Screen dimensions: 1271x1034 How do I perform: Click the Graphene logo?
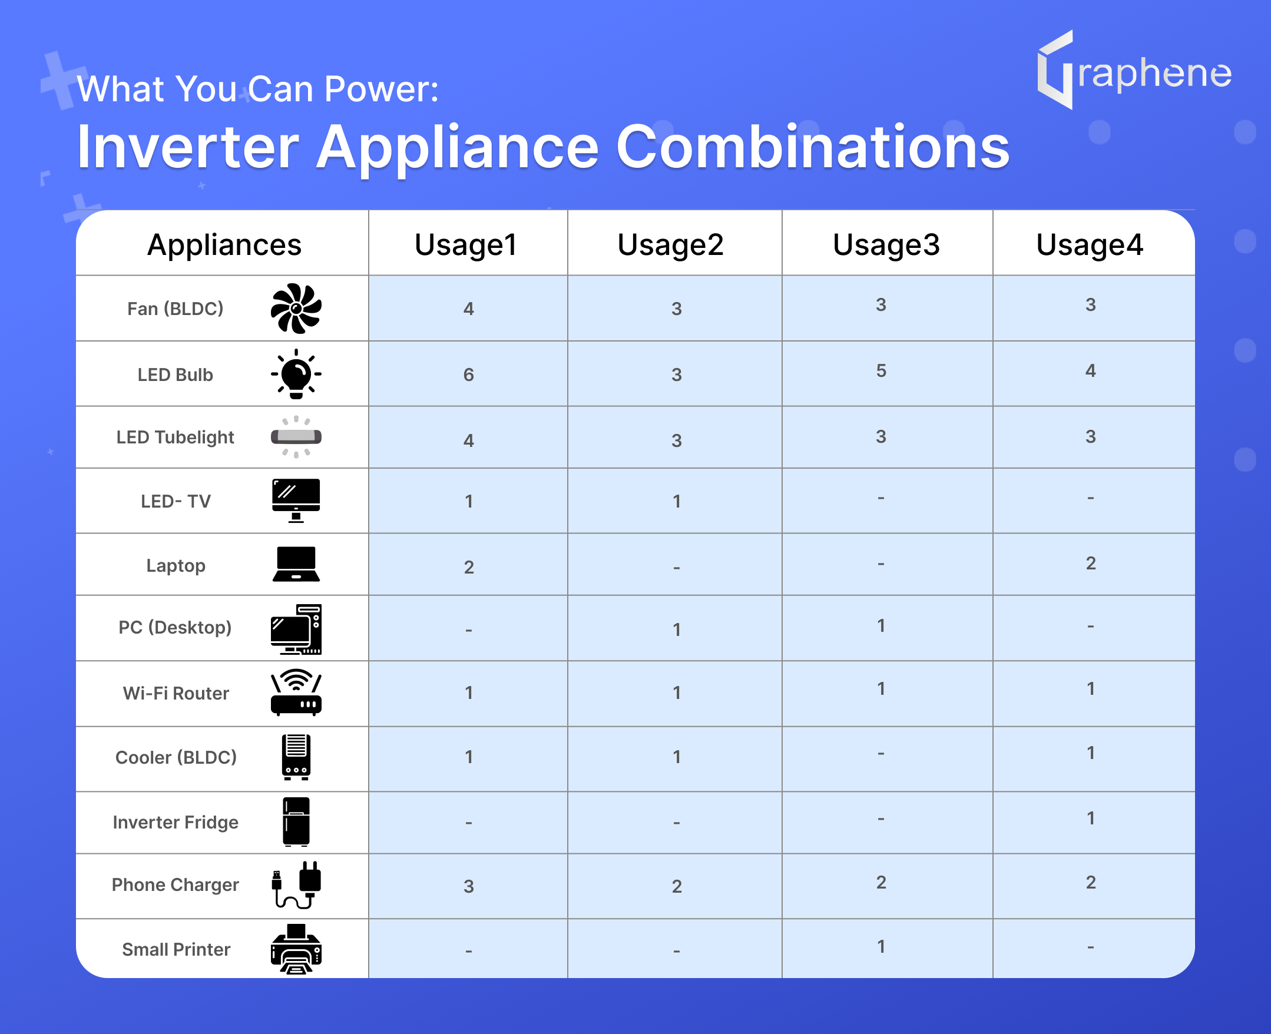point(1134,70)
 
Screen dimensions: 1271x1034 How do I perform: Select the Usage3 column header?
point(886,245)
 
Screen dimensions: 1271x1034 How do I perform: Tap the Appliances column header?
point(224,245)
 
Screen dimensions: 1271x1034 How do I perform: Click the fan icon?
point(296,309)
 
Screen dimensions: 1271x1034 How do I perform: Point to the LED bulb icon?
point(296,374)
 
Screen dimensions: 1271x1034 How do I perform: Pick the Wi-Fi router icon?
point(296,692)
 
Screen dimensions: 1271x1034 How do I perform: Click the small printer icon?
point(296,949)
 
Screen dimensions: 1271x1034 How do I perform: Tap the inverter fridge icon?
point(296,822)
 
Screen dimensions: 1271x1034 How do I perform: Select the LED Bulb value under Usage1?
point(469,375)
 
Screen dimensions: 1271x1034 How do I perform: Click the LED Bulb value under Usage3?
point(882,370)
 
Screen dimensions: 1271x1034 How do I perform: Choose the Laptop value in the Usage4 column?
point(1091,563)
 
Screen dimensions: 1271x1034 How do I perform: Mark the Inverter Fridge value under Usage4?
point(1091,818)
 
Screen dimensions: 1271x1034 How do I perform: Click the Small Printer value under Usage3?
point(882,946)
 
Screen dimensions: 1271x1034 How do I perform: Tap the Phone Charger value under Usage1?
point(469,886)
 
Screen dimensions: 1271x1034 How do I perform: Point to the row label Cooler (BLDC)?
point(176,757)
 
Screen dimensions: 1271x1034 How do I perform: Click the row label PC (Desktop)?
point(175,627)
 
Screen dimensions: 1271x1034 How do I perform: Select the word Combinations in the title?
point(812,147)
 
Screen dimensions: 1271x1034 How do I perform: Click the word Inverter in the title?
point(188,147)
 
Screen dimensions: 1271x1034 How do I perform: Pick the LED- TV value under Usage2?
point(677,502)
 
